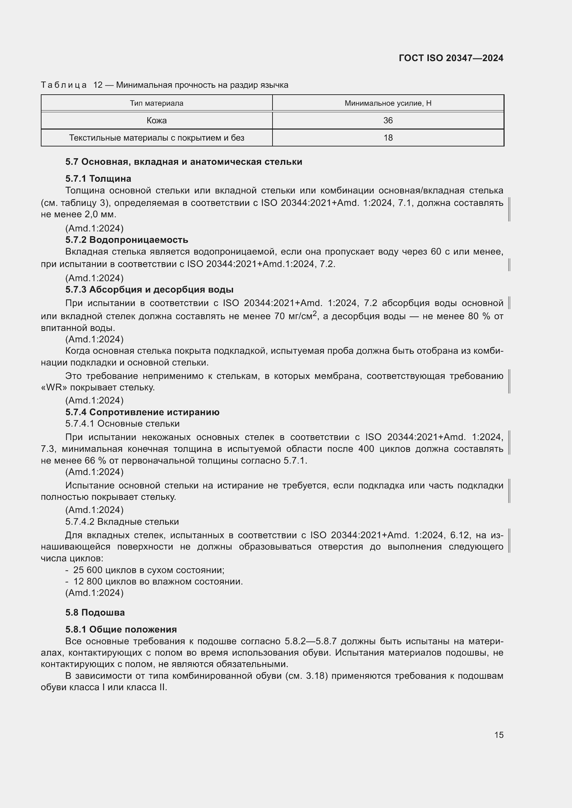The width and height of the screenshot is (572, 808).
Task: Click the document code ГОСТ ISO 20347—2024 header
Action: (x=451, y=58)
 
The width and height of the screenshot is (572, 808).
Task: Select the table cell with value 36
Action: (x=388, y=120)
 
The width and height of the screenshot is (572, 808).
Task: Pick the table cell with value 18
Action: (x=388, y=137)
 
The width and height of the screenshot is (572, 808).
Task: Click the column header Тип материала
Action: (x=156, y=103)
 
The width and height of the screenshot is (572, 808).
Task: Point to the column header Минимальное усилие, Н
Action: (x=388, y=103)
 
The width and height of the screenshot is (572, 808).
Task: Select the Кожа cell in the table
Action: (x=156, y=120)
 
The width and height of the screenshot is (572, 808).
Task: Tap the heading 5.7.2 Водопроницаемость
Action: (x=127, y=240)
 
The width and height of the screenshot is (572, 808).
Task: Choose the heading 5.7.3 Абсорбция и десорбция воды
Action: (x=149, y=289)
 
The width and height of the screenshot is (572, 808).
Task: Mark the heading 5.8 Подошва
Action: (x=95, y=613)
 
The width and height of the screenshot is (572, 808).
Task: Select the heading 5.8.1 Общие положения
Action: (x=121, y=630)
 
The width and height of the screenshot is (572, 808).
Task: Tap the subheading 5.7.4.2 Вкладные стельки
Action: (x=122, y=522)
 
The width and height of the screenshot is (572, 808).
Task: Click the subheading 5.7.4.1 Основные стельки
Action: (x=122, y=424)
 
